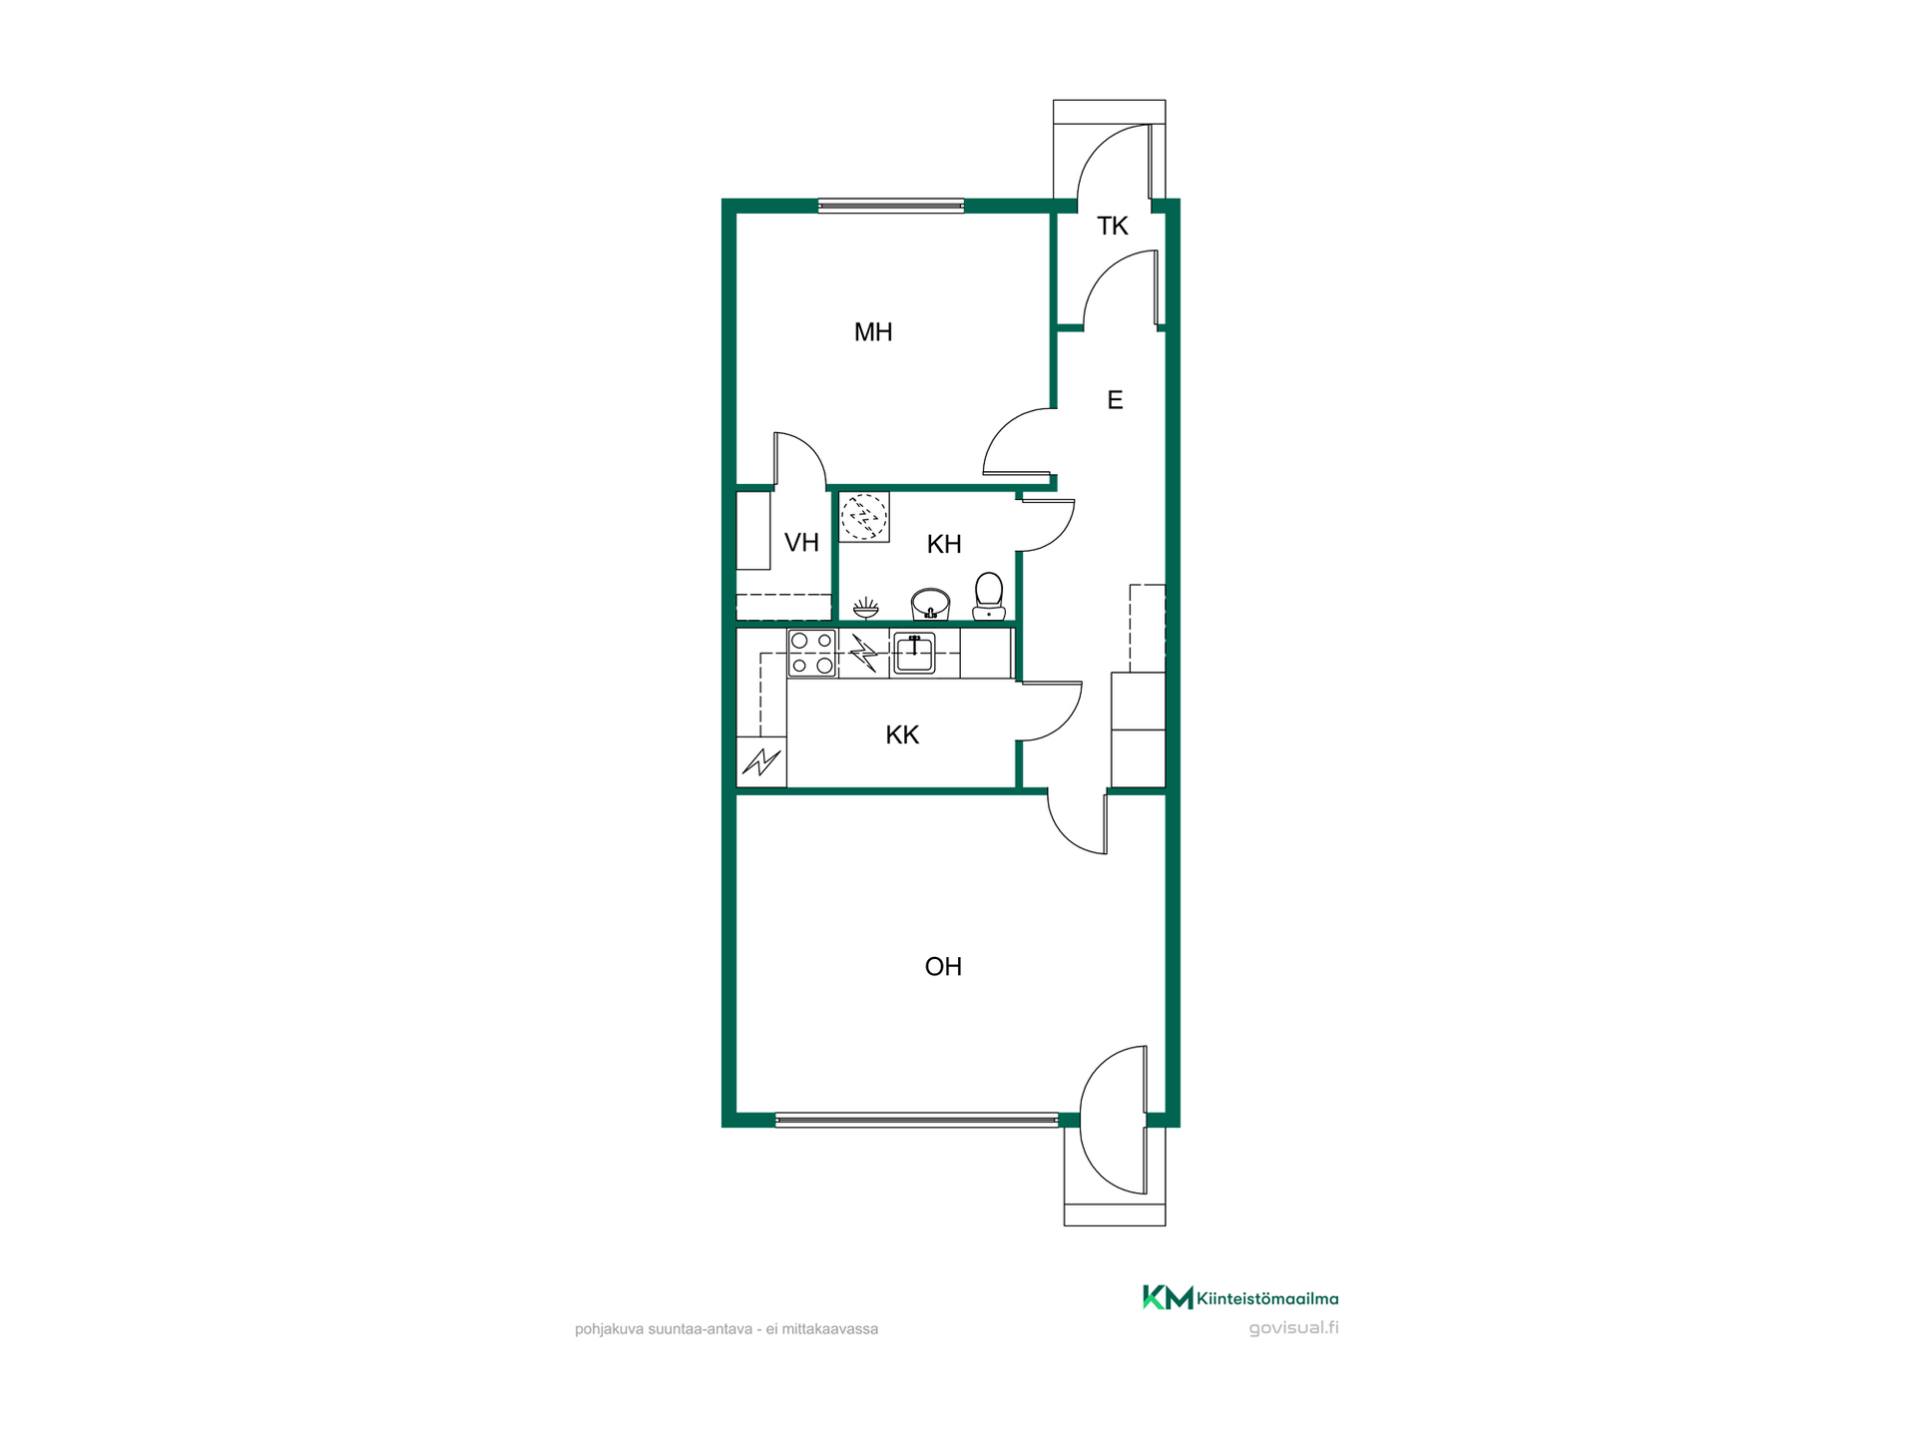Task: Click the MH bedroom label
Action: pos(873,332)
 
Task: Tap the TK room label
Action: pos(1113,227)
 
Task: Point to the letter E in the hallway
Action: pos(1116,400)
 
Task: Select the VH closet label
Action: pos(801,543)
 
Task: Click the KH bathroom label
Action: pos(944,544)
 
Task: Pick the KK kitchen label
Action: pos(902,735)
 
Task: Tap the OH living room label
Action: pos(943,967)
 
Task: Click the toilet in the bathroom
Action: pos(989,596)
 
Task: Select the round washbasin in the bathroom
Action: pos(930,604)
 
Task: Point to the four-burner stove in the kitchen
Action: pos(812,653)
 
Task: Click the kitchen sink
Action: pos(914,653)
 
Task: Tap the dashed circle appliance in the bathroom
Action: pos(864,516)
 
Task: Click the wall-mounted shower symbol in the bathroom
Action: pos(866,608)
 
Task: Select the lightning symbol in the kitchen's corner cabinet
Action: pos(761,762)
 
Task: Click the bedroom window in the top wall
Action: pos(891,207)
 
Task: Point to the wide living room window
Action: pos(917,1121)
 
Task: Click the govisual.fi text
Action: pos(1294,1328)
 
